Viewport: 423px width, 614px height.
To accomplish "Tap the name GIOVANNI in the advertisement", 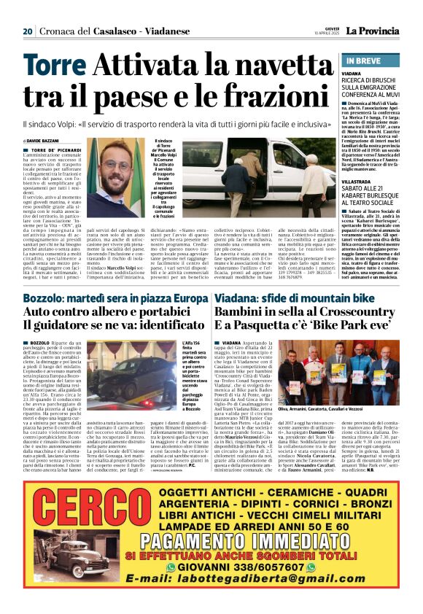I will (x=202, y=566).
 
